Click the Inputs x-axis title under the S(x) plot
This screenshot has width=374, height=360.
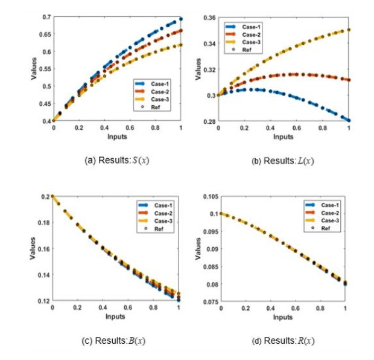116,137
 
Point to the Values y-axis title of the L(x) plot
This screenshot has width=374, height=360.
197,70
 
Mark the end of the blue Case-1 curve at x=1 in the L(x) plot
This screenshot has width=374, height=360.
349,121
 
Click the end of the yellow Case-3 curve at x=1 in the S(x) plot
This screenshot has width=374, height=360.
181,45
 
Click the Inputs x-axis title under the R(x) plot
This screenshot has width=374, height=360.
284,317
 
